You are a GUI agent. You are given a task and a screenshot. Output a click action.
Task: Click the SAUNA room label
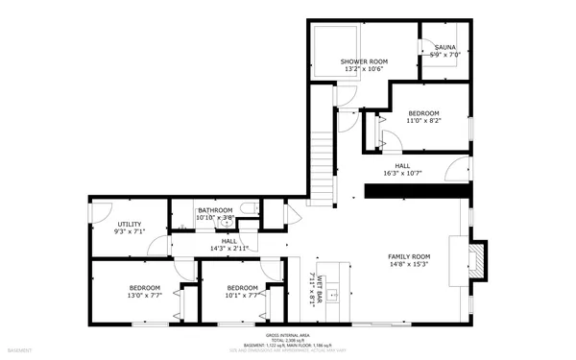pos(444,47)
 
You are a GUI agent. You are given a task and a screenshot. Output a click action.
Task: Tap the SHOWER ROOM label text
pos(362,61)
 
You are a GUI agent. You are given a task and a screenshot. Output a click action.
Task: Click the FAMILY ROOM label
pos(408,256)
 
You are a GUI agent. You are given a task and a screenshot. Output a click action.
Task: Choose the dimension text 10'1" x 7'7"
pos(242,296)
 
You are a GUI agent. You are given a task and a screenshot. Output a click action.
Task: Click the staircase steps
pos(328,154)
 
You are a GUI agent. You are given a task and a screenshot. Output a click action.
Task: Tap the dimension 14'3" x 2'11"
pos(229,249)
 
